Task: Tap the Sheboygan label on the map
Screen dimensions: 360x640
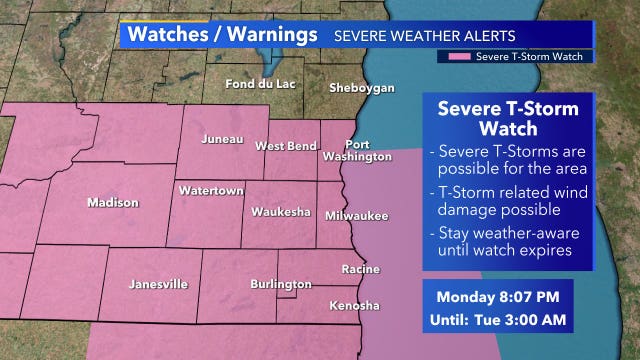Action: click(x=362, y=88)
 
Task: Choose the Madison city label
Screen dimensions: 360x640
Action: click(x=113, y=203)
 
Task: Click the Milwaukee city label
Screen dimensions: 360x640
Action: click(x=356, y=215)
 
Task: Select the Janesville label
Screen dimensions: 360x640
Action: click(x=158, y=284)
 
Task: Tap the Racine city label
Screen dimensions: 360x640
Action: click(x=360, y=270)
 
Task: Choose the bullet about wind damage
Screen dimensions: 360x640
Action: click(x=506, y=201)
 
